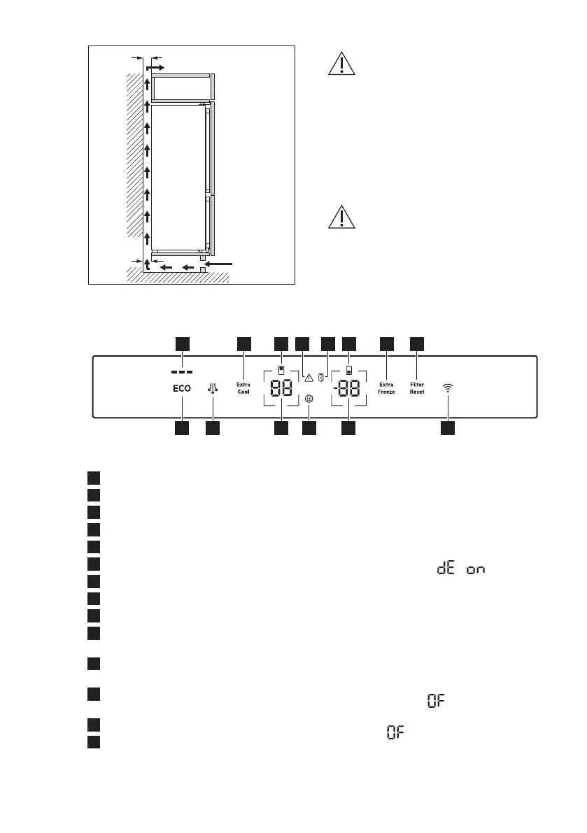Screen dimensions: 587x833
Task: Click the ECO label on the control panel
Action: (182, 387)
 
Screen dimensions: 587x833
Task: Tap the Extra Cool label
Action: (243, 388)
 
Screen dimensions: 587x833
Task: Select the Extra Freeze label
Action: (387, 387)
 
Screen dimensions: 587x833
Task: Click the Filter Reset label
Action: (418, 388)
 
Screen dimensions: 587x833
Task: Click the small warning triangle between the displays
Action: (308, 378)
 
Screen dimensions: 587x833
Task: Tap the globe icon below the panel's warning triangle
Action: (309, 399)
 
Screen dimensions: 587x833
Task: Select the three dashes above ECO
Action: (182, 371)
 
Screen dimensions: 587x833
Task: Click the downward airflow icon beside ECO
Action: (212, 388)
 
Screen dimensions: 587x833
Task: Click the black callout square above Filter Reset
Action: (418, 343)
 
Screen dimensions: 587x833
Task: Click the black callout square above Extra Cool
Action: (243, 343)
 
